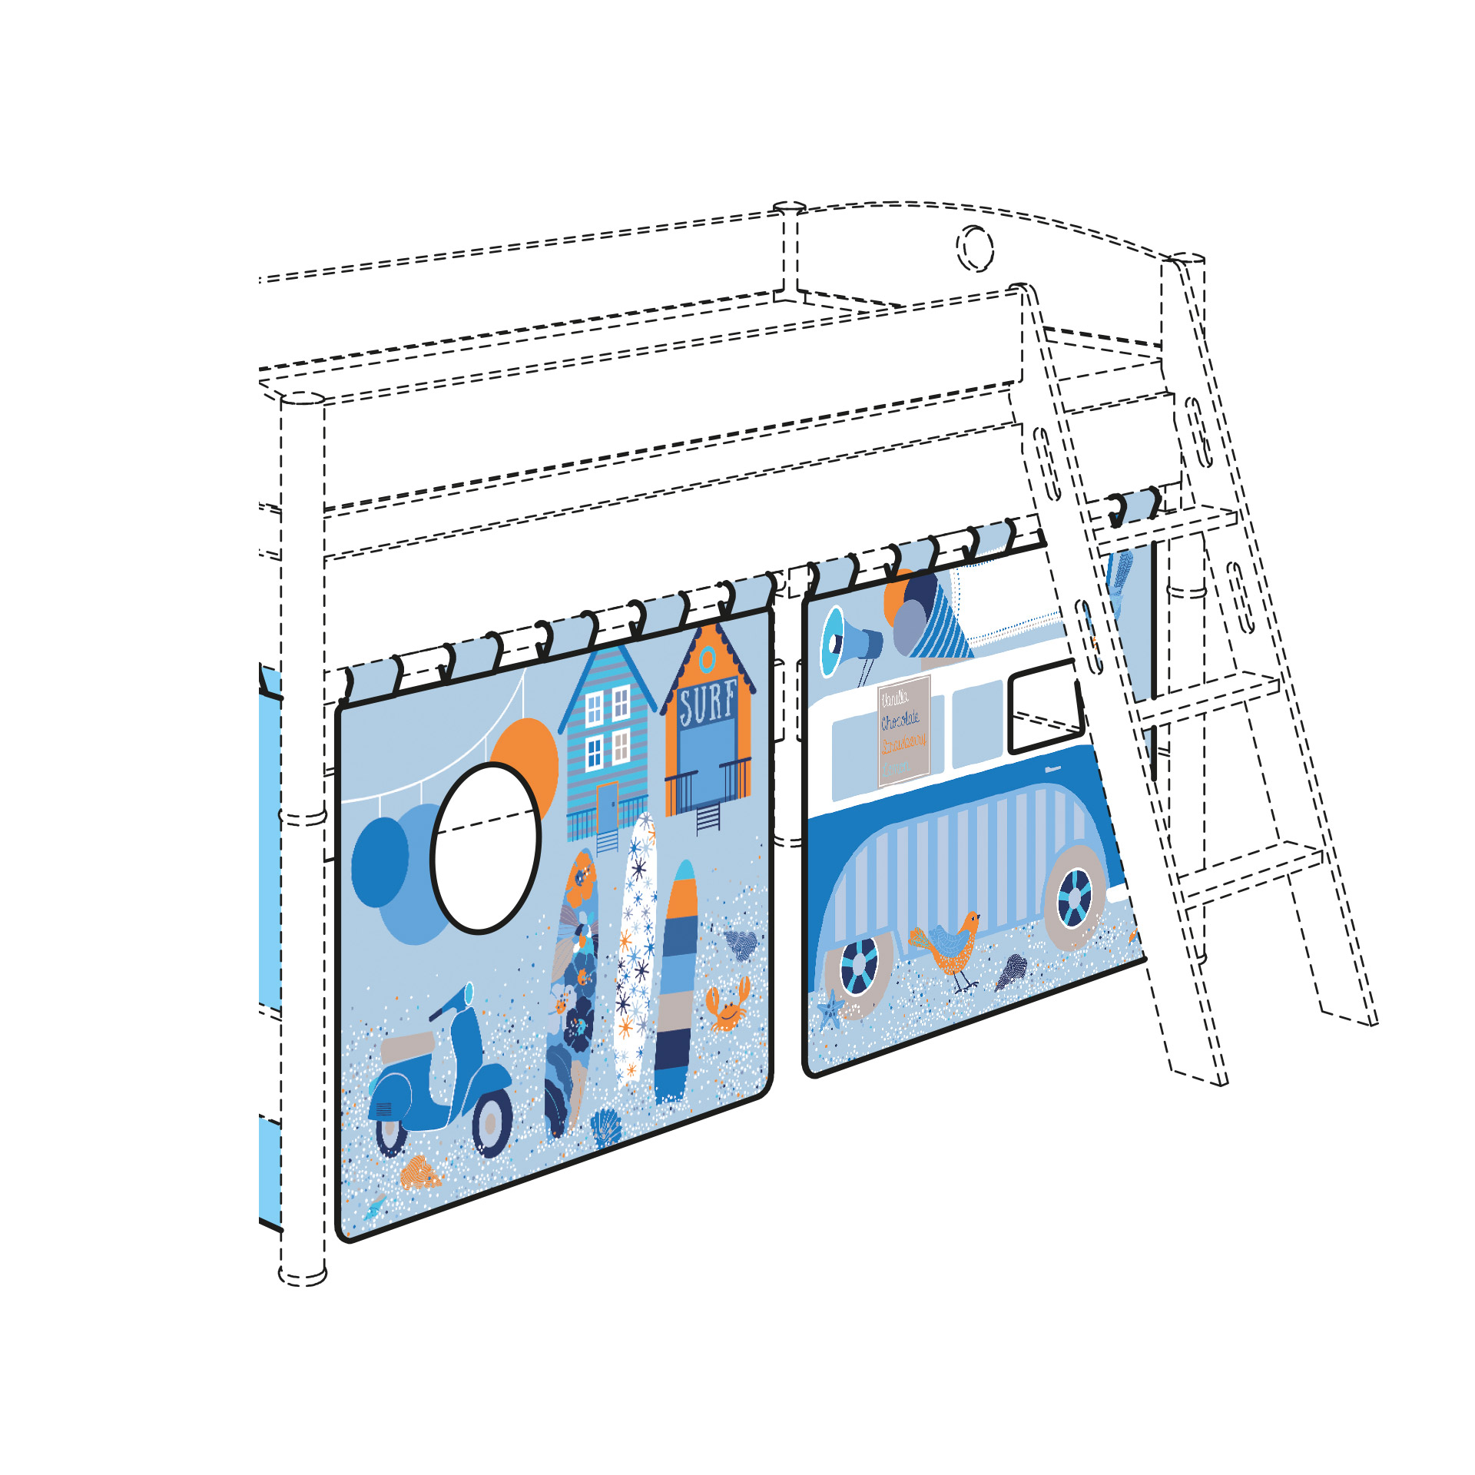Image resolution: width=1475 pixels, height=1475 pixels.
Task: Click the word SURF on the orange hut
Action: (x=707, y=702)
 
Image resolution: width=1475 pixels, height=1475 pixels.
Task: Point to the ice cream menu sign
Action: (x=904, y=731)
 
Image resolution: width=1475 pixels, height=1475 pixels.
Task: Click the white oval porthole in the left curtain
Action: (x=486, y=848)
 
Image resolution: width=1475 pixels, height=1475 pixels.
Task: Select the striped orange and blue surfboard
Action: (x=676, y=983)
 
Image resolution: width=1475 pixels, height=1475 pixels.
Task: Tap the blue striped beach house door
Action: (x=607, y=807)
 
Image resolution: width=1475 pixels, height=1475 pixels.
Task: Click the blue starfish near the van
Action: (x=830, y=1008)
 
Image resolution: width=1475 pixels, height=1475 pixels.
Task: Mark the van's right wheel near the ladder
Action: (x=1075, y=897)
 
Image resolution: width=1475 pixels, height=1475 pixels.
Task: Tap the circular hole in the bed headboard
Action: (x=975, y=248)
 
